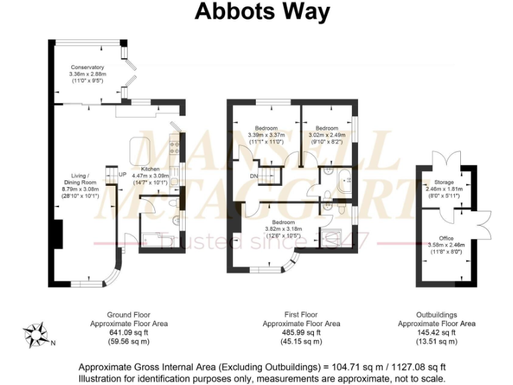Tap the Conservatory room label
88,68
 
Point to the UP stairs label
122,175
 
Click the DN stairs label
254,176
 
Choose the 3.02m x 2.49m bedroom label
327,128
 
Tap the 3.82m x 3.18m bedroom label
283,222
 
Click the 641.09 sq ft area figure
128,332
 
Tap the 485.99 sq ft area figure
301,332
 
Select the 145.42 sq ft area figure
436,332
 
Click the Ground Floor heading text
128,315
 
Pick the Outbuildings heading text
436,315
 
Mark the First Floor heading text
301,315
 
